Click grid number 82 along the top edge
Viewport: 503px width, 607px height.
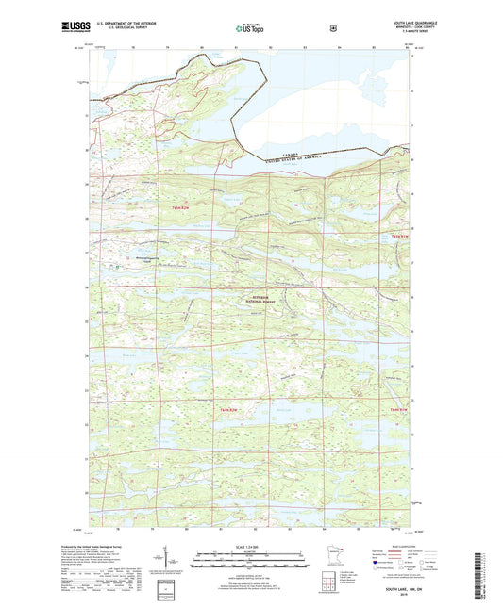coord(271,45)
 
